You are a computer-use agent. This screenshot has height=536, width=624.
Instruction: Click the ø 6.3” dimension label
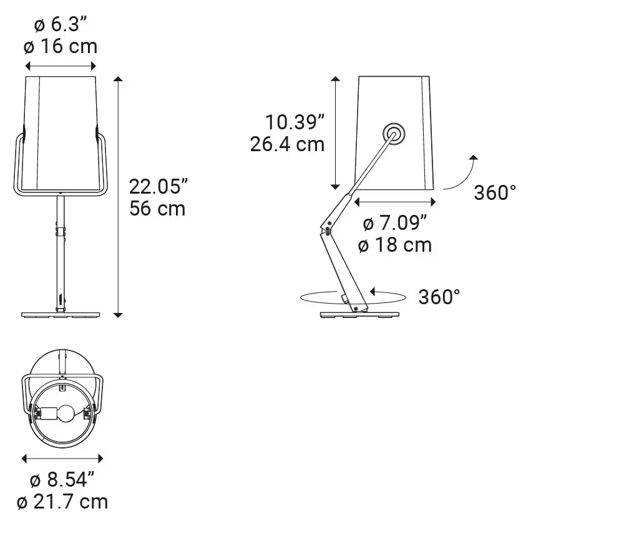tap(61, 26)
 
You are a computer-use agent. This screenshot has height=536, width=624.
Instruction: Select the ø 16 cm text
tap(61, 47)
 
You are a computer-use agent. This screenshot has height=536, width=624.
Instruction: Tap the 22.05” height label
tap(158, 186)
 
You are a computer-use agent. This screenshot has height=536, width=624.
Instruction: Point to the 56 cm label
tap(157, 208)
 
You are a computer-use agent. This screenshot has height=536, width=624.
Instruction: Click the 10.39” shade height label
tap(295, 122)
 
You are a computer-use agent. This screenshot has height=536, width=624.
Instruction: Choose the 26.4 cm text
tap(287, 144)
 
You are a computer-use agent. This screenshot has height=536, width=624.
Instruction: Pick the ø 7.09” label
tap(395, 222)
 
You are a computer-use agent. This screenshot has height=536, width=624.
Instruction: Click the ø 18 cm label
tap(395, 245)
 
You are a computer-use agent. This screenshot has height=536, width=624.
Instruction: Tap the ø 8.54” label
tap(62, 480)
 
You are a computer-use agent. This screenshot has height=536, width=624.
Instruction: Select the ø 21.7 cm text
tap(62, 502)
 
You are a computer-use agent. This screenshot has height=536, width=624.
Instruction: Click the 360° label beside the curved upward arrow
tap(495, 192)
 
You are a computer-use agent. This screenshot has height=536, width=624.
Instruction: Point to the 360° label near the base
tap(439, 297)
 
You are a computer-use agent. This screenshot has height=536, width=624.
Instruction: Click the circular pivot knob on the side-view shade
tap(394, 132)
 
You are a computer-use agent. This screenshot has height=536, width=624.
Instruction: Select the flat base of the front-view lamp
tap(61, 314)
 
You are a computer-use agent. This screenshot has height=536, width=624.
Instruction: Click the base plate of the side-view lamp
tap(360, 314)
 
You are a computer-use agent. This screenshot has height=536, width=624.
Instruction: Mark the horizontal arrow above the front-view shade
tap(61, 66)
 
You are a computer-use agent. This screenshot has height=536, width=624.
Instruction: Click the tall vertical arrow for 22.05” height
tap(119, 196)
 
